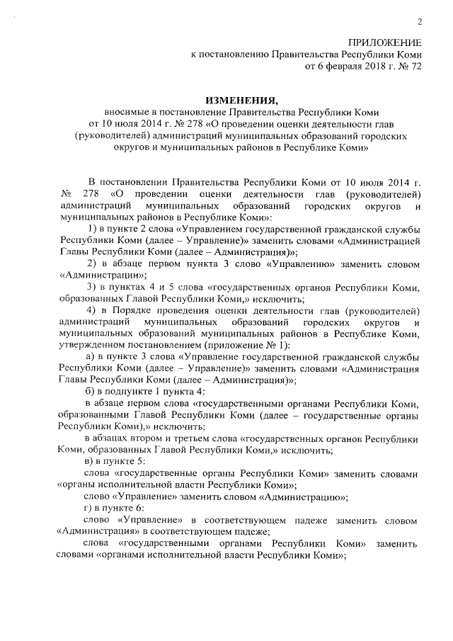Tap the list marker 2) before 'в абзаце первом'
click(91, 263)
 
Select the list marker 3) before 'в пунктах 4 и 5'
click(91, 287)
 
